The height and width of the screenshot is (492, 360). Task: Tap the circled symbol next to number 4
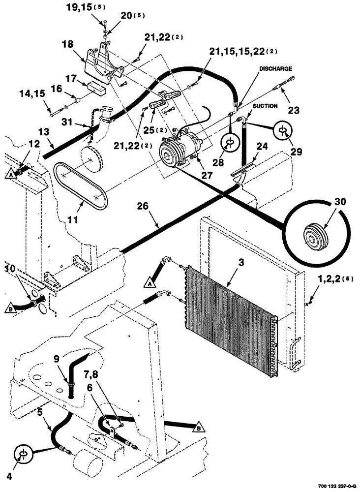pos(23,453)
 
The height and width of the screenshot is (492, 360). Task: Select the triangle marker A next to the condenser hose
pos(150,282)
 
